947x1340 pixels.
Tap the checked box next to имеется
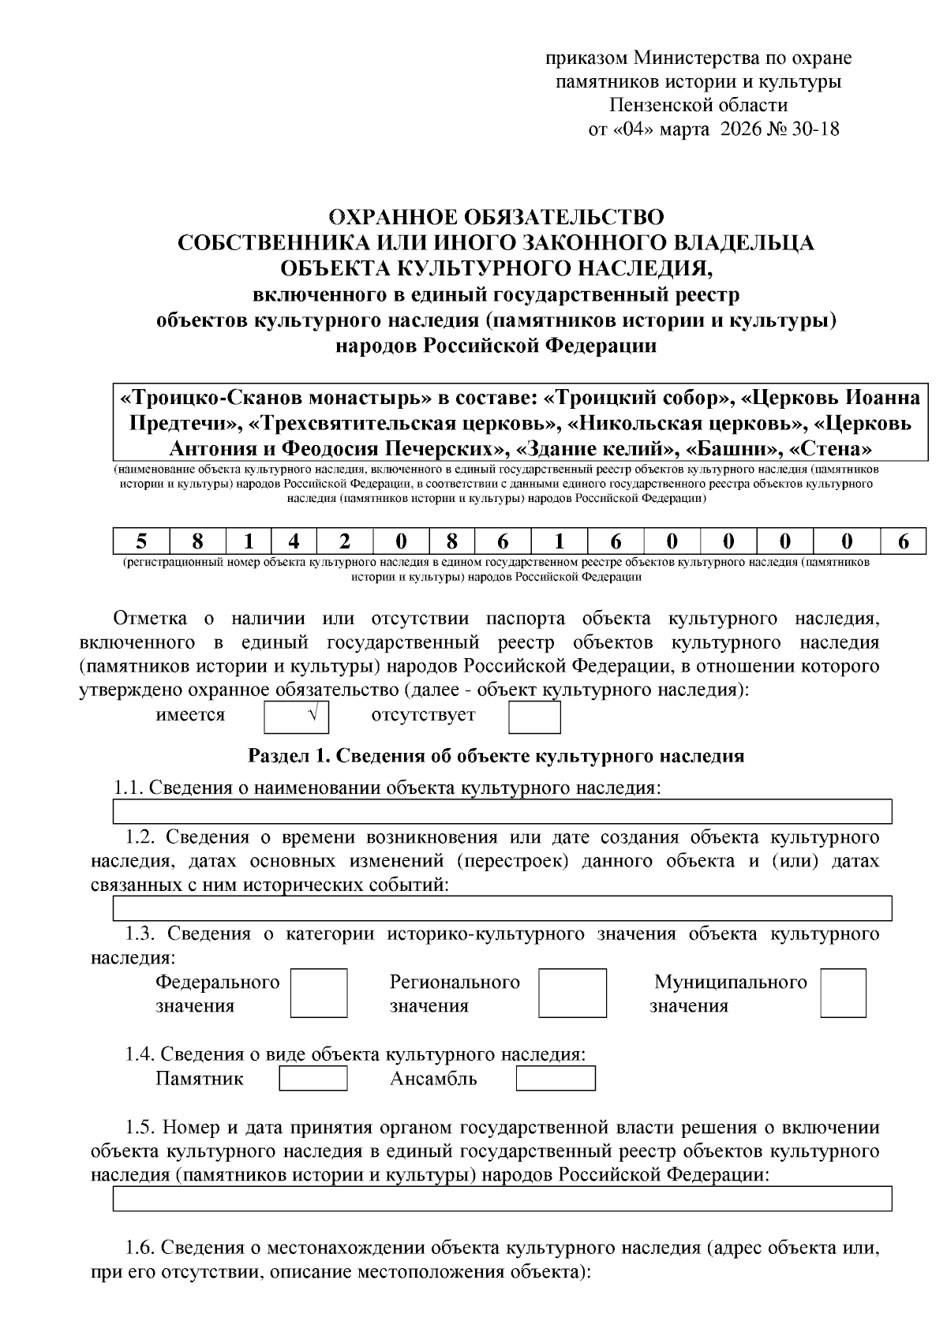(296, 717)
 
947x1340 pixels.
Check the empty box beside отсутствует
(534, 717)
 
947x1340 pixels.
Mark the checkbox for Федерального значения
(319, 993)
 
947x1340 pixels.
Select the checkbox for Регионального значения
(573, 993)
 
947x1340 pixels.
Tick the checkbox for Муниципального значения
(843, 993)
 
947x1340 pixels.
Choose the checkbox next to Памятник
(313, 1078)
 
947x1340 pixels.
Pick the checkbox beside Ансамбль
(556, 1078)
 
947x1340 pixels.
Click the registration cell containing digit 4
(294, 541)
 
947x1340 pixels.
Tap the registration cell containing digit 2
(344, 541)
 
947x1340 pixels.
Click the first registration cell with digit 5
(141, 541)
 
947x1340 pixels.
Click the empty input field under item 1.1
(503, 811)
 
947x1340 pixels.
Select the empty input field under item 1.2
(503, 908)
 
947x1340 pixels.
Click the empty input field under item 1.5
(503, 1198)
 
